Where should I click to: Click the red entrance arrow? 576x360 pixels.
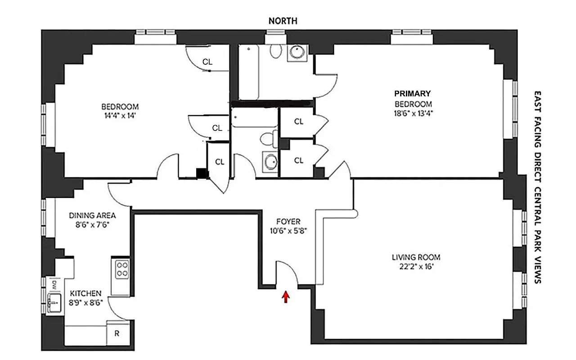point(284,297)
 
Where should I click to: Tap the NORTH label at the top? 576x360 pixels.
point(283,21)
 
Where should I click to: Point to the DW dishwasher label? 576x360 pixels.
point(54,284)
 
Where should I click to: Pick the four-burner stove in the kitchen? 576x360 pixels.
point(121,270)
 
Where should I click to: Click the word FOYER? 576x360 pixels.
point(288,222)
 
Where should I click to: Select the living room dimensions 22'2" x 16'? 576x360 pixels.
point(415,266)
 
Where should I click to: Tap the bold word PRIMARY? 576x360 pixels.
point(412,94)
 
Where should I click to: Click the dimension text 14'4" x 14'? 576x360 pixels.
point(120,115)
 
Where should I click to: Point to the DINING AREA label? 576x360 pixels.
point(92,215)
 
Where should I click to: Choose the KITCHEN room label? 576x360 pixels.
point(85,293)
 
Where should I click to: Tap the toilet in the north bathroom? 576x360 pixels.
point(275,51)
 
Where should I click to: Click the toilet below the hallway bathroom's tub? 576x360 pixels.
point(269,139)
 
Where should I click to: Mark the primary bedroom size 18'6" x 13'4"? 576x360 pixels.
point(412,112)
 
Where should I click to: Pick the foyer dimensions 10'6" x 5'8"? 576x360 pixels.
point(288,230)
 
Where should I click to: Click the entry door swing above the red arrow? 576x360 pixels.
point(286,273)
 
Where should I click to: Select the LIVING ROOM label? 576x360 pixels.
point(415,257)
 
